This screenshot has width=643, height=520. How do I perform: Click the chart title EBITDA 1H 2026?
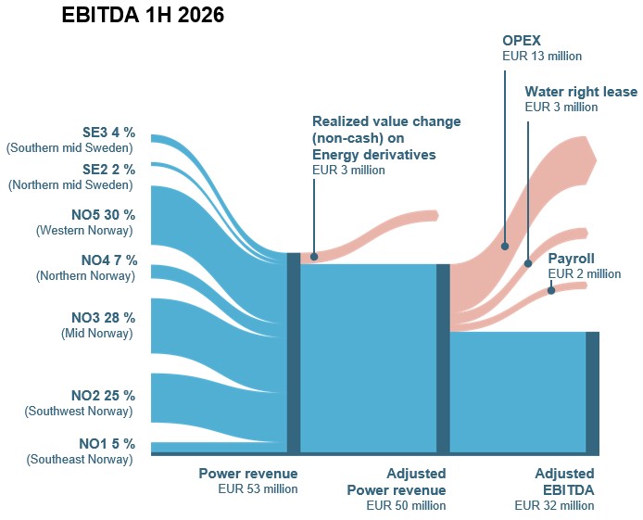tap(143, 15)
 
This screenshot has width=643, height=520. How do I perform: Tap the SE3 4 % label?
tap(108, 133)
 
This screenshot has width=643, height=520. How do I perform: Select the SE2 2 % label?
tap(108, 170)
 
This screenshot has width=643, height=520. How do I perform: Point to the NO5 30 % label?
tap(104, 215)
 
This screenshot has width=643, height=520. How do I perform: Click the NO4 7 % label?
tap(109, 260)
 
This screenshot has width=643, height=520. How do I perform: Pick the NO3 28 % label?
tap(104, 318)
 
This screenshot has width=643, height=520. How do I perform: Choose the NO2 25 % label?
tap(104, 396)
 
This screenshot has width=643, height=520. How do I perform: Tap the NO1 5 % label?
tap(107, 444)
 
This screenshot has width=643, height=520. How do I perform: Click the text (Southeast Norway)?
tap(80, 460)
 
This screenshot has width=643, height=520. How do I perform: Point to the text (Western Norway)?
tap(85, 231)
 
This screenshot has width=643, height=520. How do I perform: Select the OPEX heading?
tap(522, 41)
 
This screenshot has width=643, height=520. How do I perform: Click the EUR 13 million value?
tap(542, 57)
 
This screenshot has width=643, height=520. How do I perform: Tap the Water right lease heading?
tap(581, 92)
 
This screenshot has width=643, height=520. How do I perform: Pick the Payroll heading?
tap(572, 259)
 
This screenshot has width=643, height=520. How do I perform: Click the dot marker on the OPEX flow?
tap(505, 246)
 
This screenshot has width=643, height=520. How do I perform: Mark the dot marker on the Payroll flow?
tap(551, 290)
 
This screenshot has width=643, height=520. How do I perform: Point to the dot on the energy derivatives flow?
tap(314, 257)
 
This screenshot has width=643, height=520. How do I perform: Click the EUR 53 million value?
tap(258, 489)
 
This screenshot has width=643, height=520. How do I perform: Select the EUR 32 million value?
tap(554, 506)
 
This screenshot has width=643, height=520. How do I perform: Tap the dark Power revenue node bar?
tap(294, 352)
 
